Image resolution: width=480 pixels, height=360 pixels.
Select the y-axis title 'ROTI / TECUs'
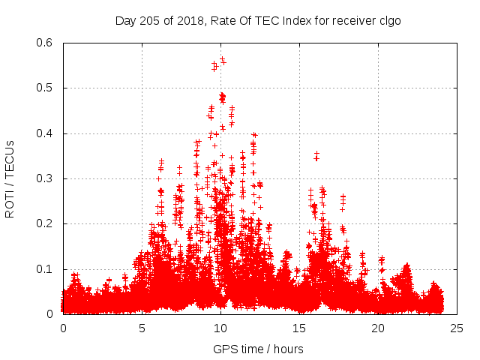[10, 178]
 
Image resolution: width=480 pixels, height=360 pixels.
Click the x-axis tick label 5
[142, 328]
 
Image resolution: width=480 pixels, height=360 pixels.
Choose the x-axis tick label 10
[220, 328]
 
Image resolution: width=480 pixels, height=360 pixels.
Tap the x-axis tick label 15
[299, 328]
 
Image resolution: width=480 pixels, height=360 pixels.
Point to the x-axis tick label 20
[378, 328]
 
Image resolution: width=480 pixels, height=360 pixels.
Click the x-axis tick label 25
[457, 328]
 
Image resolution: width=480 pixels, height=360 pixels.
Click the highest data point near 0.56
[222, 59]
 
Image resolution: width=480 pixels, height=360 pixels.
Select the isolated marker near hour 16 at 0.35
[316, 155]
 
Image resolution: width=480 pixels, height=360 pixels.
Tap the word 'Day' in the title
[126, 20]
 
